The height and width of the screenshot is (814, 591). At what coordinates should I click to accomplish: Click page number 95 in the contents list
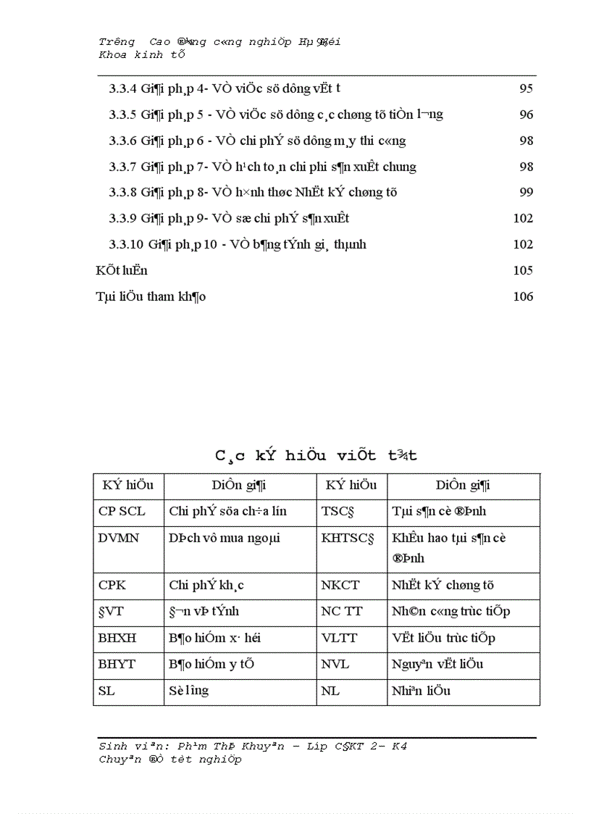point(526,89)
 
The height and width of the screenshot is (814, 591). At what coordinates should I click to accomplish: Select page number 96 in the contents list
point(526,115)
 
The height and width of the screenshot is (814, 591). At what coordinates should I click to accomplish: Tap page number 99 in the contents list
point(526,193)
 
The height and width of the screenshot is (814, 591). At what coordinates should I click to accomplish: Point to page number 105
point(523,271)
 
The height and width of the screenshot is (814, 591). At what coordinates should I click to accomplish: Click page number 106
point(523,297)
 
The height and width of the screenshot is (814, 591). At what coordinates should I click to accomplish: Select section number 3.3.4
point(123,89)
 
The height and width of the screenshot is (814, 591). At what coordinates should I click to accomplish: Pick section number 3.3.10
point(126,245)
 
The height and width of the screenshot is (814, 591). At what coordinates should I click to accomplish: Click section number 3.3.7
point(123,167)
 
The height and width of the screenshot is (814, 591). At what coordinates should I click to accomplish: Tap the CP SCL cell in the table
point(122,512)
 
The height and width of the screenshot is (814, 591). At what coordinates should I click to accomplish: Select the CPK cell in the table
point(112,585)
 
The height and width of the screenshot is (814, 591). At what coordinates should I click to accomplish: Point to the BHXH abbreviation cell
point(117,639)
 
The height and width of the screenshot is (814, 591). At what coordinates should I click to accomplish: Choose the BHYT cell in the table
point(117,665)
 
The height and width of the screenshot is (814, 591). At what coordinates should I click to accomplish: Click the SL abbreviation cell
point(106,692)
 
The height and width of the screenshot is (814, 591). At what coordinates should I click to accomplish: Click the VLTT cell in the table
point(338,639)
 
